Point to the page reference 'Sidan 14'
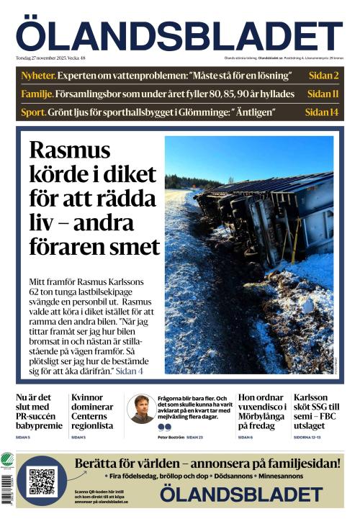[321, 112]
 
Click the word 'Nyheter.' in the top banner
[37, 76]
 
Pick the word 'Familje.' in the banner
[37, 94]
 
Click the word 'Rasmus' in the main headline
[70, 150]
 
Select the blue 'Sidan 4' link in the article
[130, 371]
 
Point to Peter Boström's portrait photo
[141, 409]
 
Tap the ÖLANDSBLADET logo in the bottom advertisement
[240, 494]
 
